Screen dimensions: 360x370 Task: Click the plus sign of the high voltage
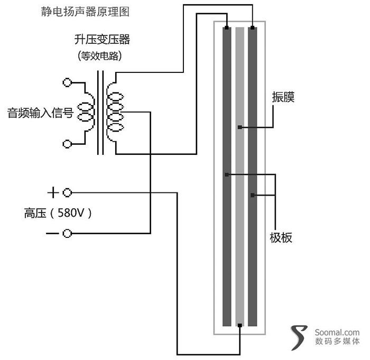[53, 192]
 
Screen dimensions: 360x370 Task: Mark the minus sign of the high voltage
[53, 233]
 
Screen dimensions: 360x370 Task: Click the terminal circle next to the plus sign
[67, 192]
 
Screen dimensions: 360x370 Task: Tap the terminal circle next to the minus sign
[67, 233]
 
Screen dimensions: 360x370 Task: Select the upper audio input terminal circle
[67, 82]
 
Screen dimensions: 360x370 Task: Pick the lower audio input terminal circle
[67, 143]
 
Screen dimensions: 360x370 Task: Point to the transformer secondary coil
[115, 113]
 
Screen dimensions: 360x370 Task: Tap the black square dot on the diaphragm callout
[240, 127]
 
